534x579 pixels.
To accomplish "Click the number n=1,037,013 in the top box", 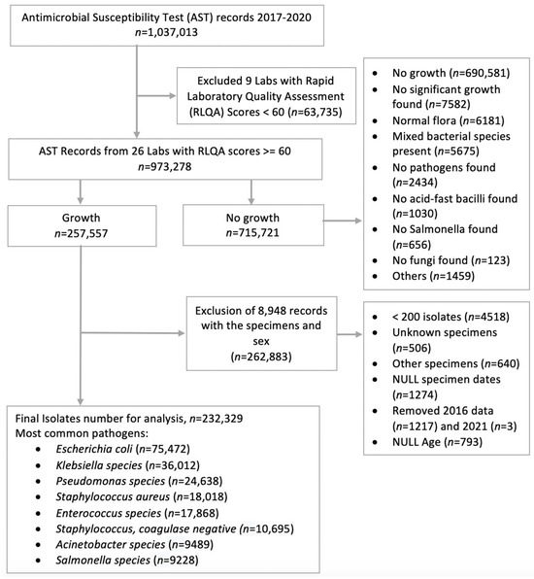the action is click(x=166, y=32).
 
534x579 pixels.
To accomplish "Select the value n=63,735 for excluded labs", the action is click(x=317, y=112).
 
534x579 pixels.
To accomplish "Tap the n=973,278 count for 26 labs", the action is click(x=165, y=166).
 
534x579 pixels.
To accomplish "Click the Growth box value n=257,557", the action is click(x=82, y=233).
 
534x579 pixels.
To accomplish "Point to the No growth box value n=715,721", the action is click(x=252, y=233).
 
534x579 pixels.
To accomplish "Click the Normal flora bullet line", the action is click(x=448, y=120).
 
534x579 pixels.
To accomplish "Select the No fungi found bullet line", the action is click(x=451, y=260).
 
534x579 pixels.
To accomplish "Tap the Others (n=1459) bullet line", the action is click(x=433, y=276).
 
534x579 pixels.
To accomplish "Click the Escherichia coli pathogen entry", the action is click(x=123, y=449).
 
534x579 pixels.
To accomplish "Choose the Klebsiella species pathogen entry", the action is click(x=128, y=465).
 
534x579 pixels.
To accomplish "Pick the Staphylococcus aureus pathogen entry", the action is click(x=142, y=496).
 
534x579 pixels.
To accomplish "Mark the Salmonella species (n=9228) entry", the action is click(x=127, y=561).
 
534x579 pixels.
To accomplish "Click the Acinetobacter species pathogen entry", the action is click(x=134, y=544).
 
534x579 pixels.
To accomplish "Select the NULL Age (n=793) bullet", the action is click(x=437, y=442).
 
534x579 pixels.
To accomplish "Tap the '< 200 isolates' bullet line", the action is click(x=451, y=317).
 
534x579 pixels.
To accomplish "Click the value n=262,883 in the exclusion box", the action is click(x=261, y=357).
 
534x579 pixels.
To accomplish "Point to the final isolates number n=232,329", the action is click(x=217, y=419).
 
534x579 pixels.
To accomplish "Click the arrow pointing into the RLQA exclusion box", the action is click(x=156, y=96).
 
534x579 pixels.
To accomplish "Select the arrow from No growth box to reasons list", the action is click(x=343, y=221).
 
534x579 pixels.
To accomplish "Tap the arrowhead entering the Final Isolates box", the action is click(x=80, y=402).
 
